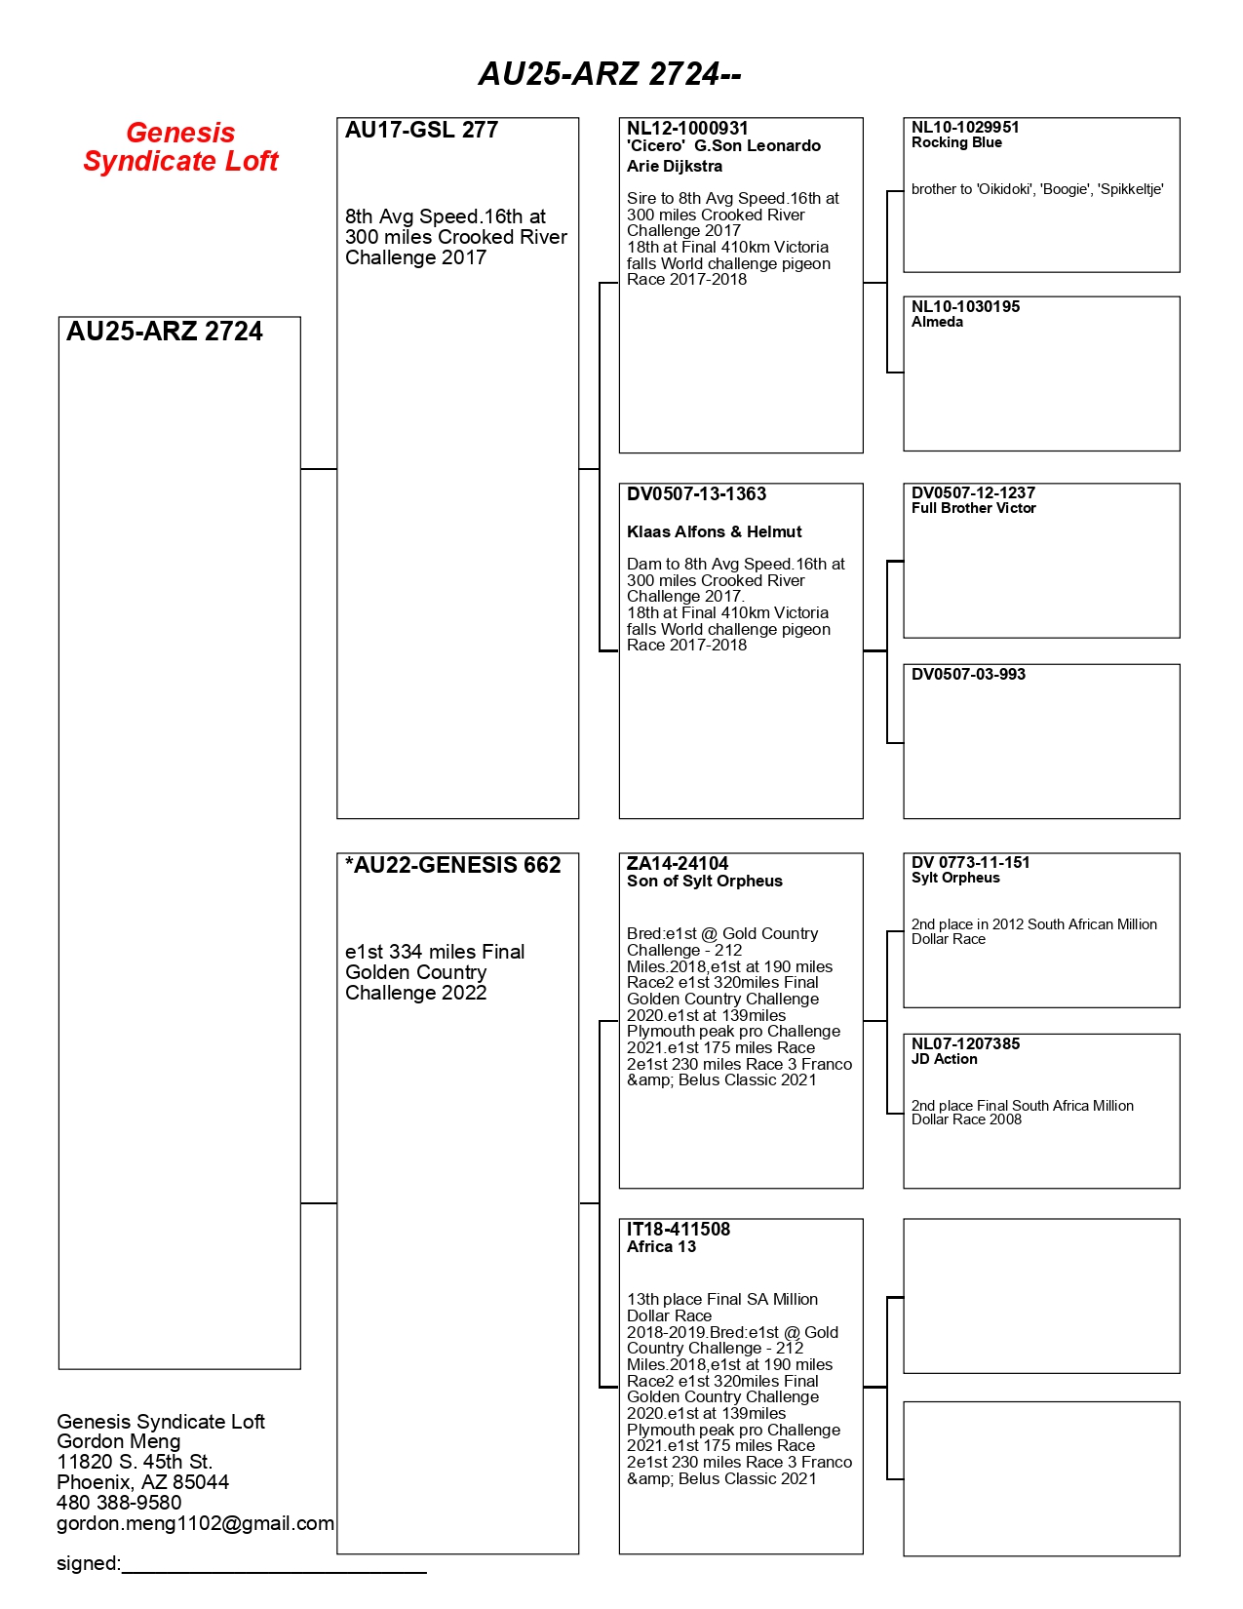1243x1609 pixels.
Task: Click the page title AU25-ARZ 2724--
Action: (609, 74)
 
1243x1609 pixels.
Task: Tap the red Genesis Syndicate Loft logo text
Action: (180, 147)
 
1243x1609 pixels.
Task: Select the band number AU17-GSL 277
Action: (421, 131)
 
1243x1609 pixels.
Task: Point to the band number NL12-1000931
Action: (687, 129)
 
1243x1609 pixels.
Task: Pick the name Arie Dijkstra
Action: (675, 167)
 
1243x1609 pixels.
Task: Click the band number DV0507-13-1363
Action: (696, 494)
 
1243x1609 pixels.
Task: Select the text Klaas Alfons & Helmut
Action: (714, 532)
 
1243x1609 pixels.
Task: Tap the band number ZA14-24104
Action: (678, 864)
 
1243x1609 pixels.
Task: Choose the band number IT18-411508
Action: (679, 1230)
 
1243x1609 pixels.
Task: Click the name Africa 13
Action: (661, 1247)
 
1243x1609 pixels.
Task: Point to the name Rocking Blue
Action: (956, 143)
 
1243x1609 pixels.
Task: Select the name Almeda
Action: (937, 323)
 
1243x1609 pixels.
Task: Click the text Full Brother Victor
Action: (973, 509)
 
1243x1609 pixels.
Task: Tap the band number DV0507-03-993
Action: (968, 675)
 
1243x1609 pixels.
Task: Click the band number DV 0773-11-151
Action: (970, 863)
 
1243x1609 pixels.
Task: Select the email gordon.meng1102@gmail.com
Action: (195, 1524)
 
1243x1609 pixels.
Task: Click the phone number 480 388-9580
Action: (119, 1504)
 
